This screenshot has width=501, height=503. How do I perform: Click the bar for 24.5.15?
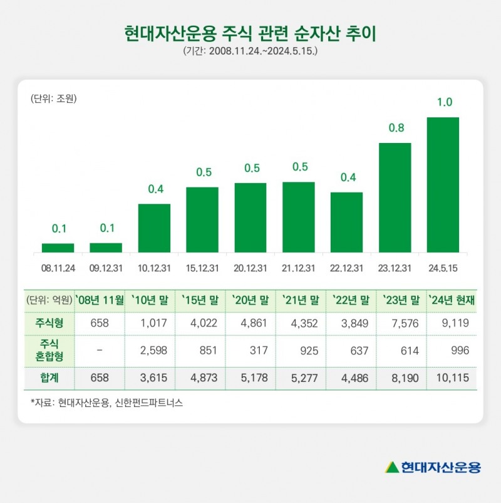pos(443,185)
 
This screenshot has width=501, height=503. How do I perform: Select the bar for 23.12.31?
pos(395,198)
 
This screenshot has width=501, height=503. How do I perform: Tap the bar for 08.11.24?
pos(58,248)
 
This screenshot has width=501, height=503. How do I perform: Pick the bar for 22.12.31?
pos(346,222)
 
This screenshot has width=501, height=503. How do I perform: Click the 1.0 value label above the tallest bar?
pos(443,102)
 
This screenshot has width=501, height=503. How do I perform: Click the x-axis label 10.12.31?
pos(154,268)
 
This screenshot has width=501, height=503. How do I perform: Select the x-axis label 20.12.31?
pos(250,268)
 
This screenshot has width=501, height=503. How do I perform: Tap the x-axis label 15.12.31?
pos(202,268)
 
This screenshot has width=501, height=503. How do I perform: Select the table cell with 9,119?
pos(451,324)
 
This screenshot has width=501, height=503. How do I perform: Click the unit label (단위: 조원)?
pos(53,98)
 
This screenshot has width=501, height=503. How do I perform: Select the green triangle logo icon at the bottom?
pos(392,467)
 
